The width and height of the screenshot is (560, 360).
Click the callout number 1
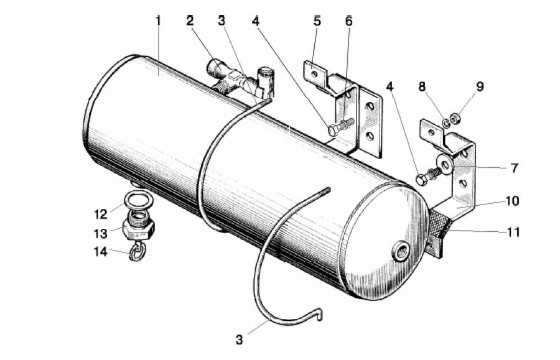click(x=158, y=21)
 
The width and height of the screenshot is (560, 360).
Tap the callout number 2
click(x=190, y=21)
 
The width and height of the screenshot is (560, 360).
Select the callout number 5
click(x=317, y=21)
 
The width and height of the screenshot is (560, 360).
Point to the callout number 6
click(x=348, y=21)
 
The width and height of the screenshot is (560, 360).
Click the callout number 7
click(x=514, y=168)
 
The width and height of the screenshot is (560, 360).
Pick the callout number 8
click(x=422, y=86)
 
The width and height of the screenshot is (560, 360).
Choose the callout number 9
click(x=480, y=86)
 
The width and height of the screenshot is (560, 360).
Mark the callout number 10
click(x=512, y=201)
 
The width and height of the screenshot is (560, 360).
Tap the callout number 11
click(x=513, y=233)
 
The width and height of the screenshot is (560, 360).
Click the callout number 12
click(x=101, y=214)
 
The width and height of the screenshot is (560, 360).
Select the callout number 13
click(x=100, y=234)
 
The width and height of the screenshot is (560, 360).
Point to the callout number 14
click(x=100, y=252)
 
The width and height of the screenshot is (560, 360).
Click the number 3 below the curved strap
click(x=240, y=339)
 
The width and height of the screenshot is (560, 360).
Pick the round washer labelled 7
click(x=446, y=165)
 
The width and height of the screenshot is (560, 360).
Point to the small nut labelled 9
click(x=455, y=119)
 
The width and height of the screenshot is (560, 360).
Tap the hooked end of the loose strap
click(x=320, y=315)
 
